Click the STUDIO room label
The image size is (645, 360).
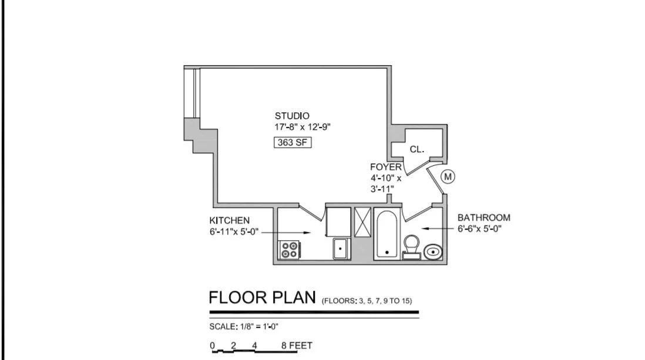coord(292,116)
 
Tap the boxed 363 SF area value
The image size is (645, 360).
coord(292,142)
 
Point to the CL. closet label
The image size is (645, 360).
coord(417,150)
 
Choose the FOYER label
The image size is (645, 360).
coord(386,167)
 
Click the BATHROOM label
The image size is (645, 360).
coord(484,217)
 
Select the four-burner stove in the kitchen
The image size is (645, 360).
coord(289,250)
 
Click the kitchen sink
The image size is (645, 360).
coord(340,249)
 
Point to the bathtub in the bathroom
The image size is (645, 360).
coord(387,234)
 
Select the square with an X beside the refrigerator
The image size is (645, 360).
coord(363,220)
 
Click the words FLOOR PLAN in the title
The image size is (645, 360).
coord(263,298)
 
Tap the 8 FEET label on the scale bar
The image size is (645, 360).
coord(297,345)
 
